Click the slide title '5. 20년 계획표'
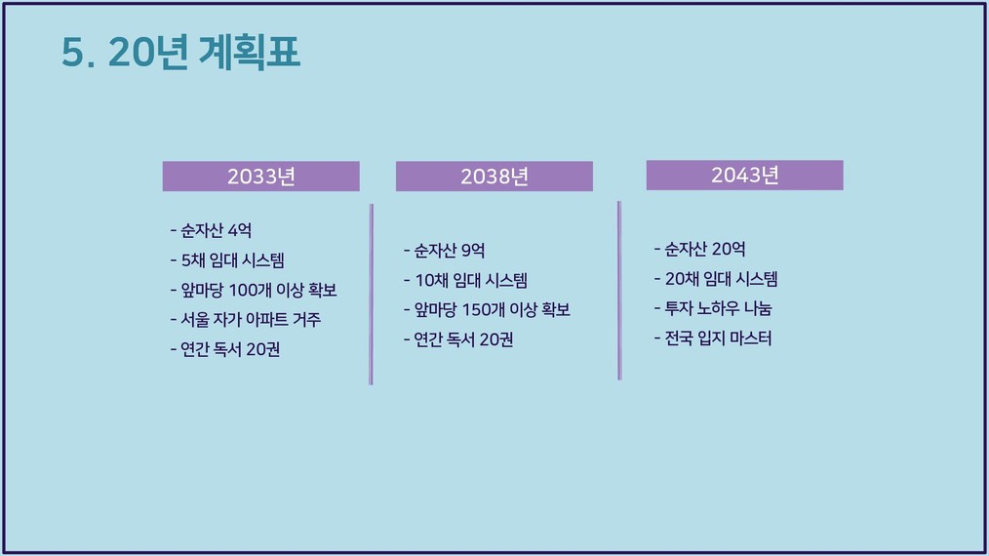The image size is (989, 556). (x=180, y=52)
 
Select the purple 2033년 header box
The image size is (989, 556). (x=261, y=177)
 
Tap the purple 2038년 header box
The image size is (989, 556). (x=494, y=177)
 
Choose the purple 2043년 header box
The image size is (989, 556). (x=745, y=175)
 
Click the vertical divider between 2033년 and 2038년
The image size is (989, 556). (x=371, y=294)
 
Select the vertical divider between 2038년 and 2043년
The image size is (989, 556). (x=619, y=291)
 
